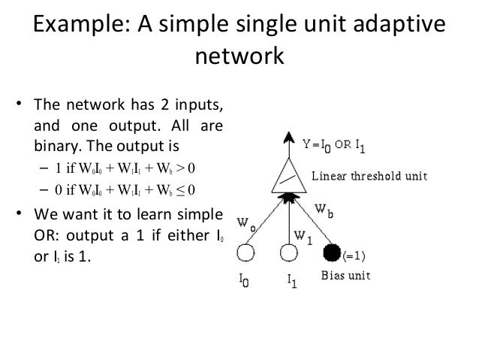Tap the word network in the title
239,56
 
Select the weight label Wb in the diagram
324,213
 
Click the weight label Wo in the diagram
246,222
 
